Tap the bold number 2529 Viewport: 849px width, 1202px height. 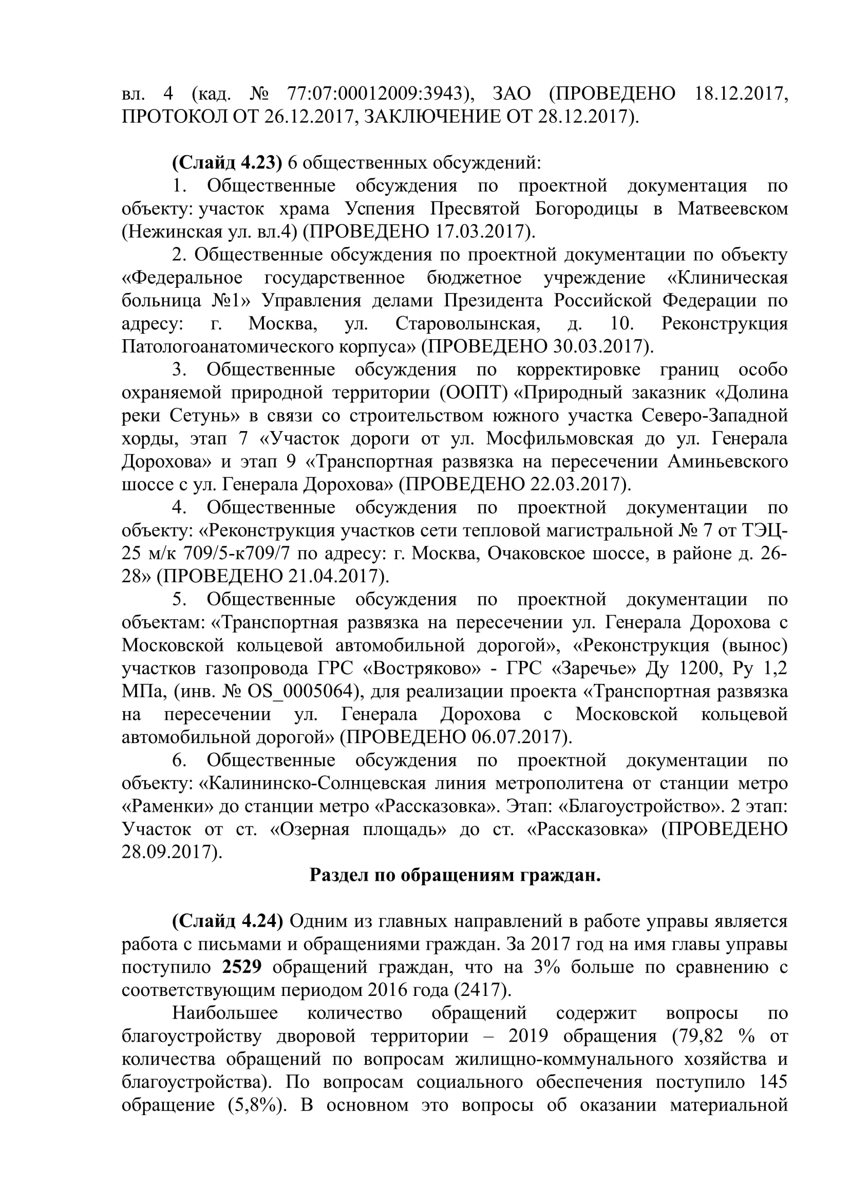click(x=242, y=967)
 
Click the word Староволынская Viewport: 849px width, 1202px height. click(x=467, y=324)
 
